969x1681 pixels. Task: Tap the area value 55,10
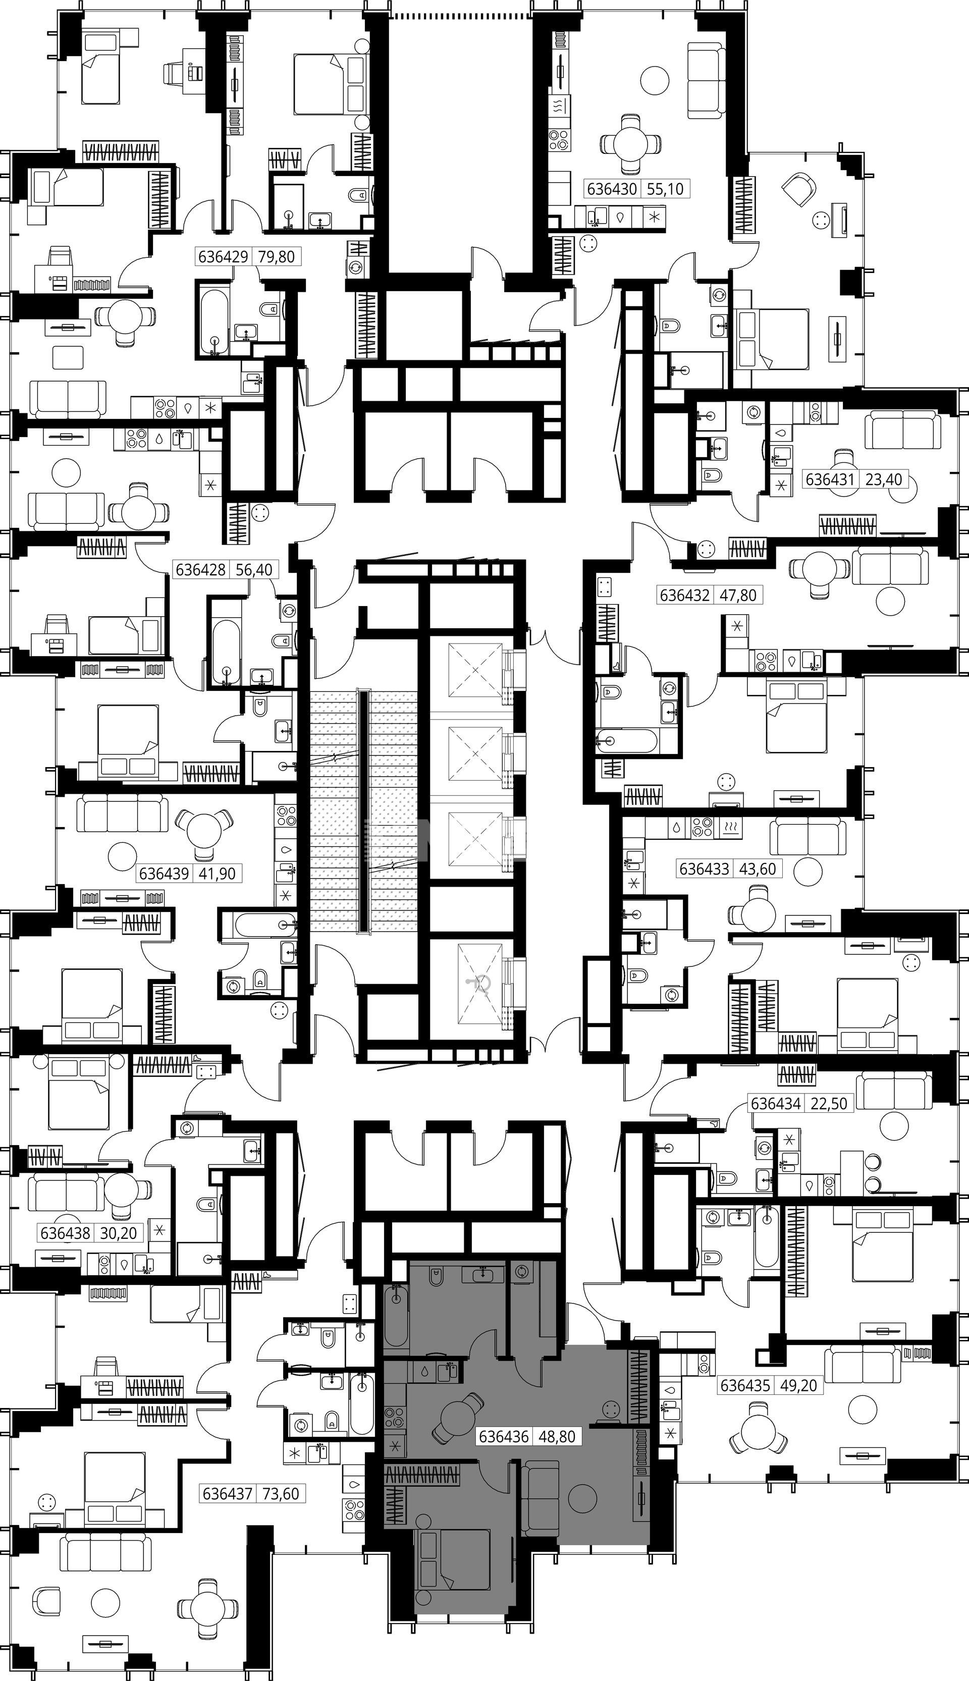(665, 189)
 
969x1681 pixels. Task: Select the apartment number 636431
(830, 478)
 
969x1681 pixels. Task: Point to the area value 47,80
(739, 594)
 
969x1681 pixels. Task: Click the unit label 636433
(704, 869)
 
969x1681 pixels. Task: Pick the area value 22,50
(829, 1103)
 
